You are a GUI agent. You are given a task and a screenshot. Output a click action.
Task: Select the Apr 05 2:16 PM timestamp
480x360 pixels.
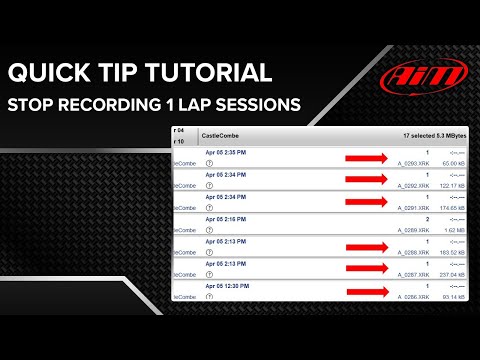point(228,218)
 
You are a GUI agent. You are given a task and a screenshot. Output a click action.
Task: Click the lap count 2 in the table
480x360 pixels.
point(427,218)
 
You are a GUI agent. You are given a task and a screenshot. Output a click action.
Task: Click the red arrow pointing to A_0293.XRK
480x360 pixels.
point(367,157)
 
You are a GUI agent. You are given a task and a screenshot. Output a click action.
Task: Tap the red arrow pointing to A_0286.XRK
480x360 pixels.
point(367,292)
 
